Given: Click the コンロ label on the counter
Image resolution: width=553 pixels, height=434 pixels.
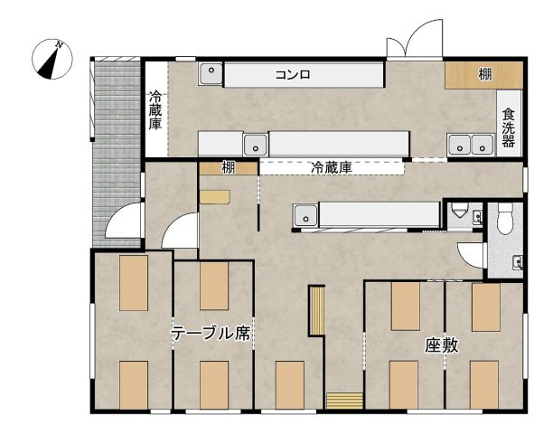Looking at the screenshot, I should coord(293,75).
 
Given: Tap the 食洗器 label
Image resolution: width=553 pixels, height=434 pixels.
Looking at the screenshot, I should coord(509,129).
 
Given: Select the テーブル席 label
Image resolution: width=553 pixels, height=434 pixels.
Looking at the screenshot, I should coord(211,333).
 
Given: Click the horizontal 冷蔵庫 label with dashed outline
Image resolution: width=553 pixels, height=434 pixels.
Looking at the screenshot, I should coord(331,167).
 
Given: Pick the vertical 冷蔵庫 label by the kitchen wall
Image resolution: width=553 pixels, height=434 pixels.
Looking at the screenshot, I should coord(156,110).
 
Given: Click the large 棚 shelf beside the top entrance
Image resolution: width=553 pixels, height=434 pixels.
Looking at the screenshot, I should coord(484,75).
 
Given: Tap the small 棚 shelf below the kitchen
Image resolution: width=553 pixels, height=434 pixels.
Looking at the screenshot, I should coord(229,167).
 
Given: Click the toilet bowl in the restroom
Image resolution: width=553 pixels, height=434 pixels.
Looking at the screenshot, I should coord(505,217).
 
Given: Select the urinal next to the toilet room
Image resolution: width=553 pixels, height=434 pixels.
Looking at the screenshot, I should coord(461,212).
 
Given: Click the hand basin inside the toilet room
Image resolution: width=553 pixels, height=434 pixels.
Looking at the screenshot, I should coord(517,262).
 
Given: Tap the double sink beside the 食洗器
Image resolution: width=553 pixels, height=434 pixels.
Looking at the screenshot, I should coord(470,143).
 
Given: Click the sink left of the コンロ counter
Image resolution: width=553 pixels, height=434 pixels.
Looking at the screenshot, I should coord(211,73).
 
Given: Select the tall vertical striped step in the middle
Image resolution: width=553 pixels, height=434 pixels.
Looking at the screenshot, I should coord(316,310).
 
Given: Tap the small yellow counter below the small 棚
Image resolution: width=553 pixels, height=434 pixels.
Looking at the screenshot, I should coord(215,195).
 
